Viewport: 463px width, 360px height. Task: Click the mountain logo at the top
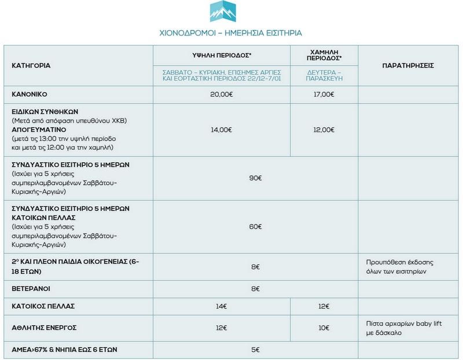point(226,12)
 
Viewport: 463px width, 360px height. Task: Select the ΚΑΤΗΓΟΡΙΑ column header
point(31,66)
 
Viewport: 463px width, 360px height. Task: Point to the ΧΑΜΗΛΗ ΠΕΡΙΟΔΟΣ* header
point(324,55)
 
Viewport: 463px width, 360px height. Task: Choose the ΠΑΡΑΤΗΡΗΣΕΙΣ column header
point(408,66)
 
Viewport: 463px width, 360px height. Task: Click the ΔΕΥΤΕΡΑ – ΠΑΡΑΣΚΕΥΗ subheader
point(324,75)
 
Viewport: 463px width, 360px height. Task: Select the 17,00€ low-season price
point(324,94)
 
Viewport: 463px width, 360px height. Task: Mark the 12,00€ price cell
point(324,130)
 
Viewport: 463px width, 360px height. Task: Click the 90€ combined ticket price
point(255,178)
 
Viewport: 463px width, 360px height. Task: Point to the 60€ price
point(255,226)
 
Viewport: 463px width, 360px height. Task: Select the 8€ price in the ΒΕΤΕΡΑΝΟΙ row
point(255,288)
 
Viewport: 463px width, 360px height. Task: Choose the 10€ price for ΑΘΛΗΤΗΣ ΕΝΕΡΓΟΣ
point(324,328)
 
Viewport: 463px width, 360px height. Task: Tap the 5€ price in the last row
point(255,350)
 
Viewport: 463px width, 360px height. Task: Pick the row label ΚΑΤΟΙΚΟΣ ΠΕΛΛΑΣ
point(43,306)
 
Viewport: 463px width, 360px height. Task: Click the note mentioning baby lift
point(404,328)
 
